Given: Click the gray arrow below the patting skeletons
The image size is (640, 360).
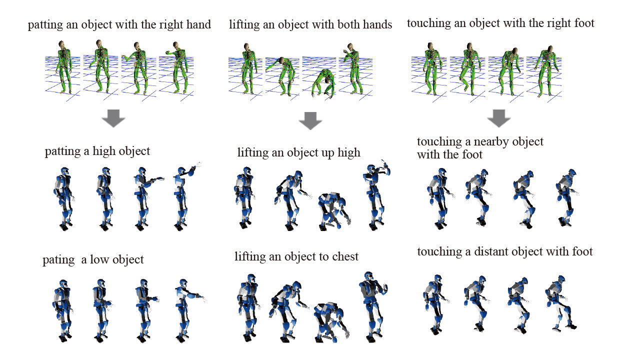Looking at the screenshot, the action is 113,118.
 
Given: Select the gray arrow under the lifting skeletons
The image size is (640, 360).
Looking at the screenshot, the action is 310,120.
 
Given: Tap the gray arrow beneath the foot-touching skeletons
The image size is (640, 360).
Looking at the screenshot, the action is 499,118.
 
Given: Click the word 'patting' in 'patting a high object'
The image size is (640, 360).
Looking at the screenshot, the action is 62,151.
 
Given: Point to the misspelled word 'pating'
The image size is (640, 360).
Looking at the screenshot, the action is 58,260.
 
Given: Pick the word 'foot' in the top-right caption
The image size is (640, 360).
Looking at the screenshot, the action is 584,23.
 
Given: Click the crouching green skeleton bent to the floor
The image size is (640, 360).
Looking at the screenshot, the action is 323,83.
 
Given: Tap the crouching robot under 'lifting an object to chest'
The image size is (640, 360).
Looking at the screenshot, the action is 331,322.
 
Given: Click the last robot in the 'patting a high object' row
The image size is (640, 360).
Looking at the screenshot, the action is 185,197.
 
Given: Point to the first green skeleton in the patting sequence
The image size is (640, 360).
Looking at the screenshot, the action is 64,67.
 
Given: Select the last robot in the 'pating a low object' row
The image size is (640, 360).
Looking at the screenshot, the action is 188,310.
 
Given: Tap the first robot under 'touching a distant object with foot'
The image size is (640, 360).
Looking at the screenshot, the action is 435,304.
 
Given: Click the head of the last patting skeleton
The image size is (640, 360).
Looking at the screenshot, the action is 175,45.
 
